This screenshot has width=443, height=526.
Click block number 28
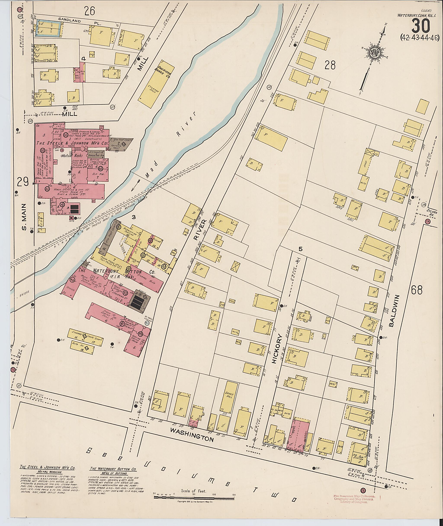330,65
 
